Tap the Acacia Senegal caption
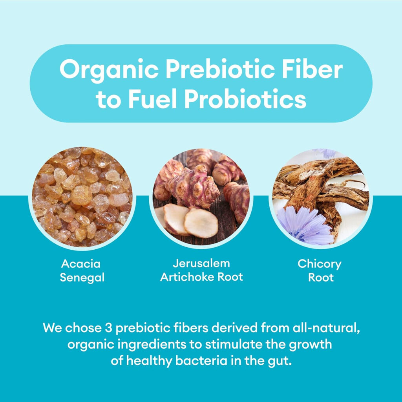(x=82, y=271)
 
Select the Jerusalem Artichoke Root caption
(x=201, y=270)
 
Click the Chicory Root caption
(x=320, y=271)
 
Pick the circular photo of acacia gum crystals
(x=82, y=197)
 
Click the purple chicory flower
(x=305, y=226)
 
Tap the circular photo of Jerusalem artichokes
(x=201, y=197)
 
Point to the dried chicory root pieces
(x=323, y=187)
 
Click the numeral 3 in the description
(x=109, y=328)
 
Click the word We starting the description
(x=52, y=328)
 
